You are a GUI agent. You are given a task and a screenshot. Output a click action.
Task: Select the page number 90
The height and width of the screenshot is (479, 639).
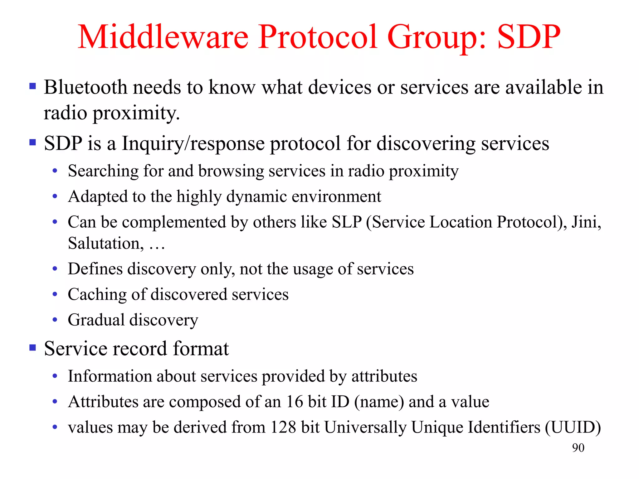click(x=578, y=448)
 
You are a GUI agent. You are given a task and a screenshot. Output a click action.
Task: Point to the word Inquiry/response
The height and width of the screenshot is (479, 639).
click(x=193, y=144)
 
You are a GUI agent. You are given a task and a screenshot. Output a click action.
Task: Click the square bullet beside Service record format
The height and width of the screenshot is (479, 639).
click(x=33, y=347)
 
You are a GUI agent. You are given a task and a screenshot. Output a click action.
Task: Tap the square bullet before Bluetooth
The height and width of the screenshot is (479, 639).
click(x=33, y=86)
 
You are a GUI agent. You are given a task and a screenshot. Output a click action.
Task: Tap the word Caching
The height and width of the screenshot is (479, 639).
click(x=97, y=295)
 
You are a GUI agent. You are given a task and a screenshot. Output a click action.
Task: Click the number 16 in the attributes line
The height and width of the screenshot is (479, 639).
click(x=294, y=402)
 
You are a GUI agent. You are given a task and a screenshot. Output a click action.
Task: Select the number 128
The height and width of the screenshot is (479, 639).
click(x=283, y=427)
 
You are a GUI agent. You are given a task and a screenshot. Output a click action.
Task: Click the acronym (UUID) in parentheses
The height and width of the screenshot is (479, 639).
click(x=573, y=427)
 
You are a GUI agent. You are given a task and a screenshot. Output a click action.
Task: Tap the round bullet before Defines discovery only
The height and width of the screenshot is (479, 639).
click(x=55, y=269)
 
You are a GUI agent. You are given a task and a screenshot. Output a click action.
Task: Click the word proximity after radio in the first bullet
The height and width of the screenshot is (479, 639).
click(x=136, y=113)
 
